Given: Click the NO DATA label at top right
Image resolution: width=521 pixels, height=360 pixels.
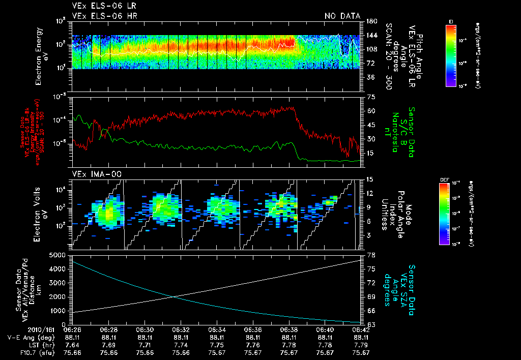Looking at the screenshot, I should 342,16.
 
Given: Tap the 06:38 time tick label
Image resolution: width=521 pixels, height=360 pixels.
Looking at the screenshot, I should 289,329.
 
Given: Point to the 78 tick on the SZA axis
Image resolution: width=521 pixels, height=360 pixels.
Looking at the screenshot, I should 370,255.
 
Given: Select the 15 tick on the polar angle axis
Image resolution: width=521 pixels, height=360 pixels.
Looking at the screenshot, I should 370,179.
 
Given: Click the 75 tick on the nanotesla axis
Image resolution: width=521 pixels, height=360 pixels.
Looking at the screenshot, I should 370,97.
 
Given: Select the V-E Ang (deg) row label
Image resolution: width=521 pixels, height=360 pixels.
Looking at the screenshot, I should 27,337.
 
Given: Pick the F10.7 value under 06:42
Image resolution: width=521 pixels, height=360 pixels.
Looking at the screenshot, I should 361,352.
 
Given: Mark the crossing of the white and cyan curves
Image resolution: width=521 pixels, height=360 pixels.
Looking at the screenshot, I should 173,297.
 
